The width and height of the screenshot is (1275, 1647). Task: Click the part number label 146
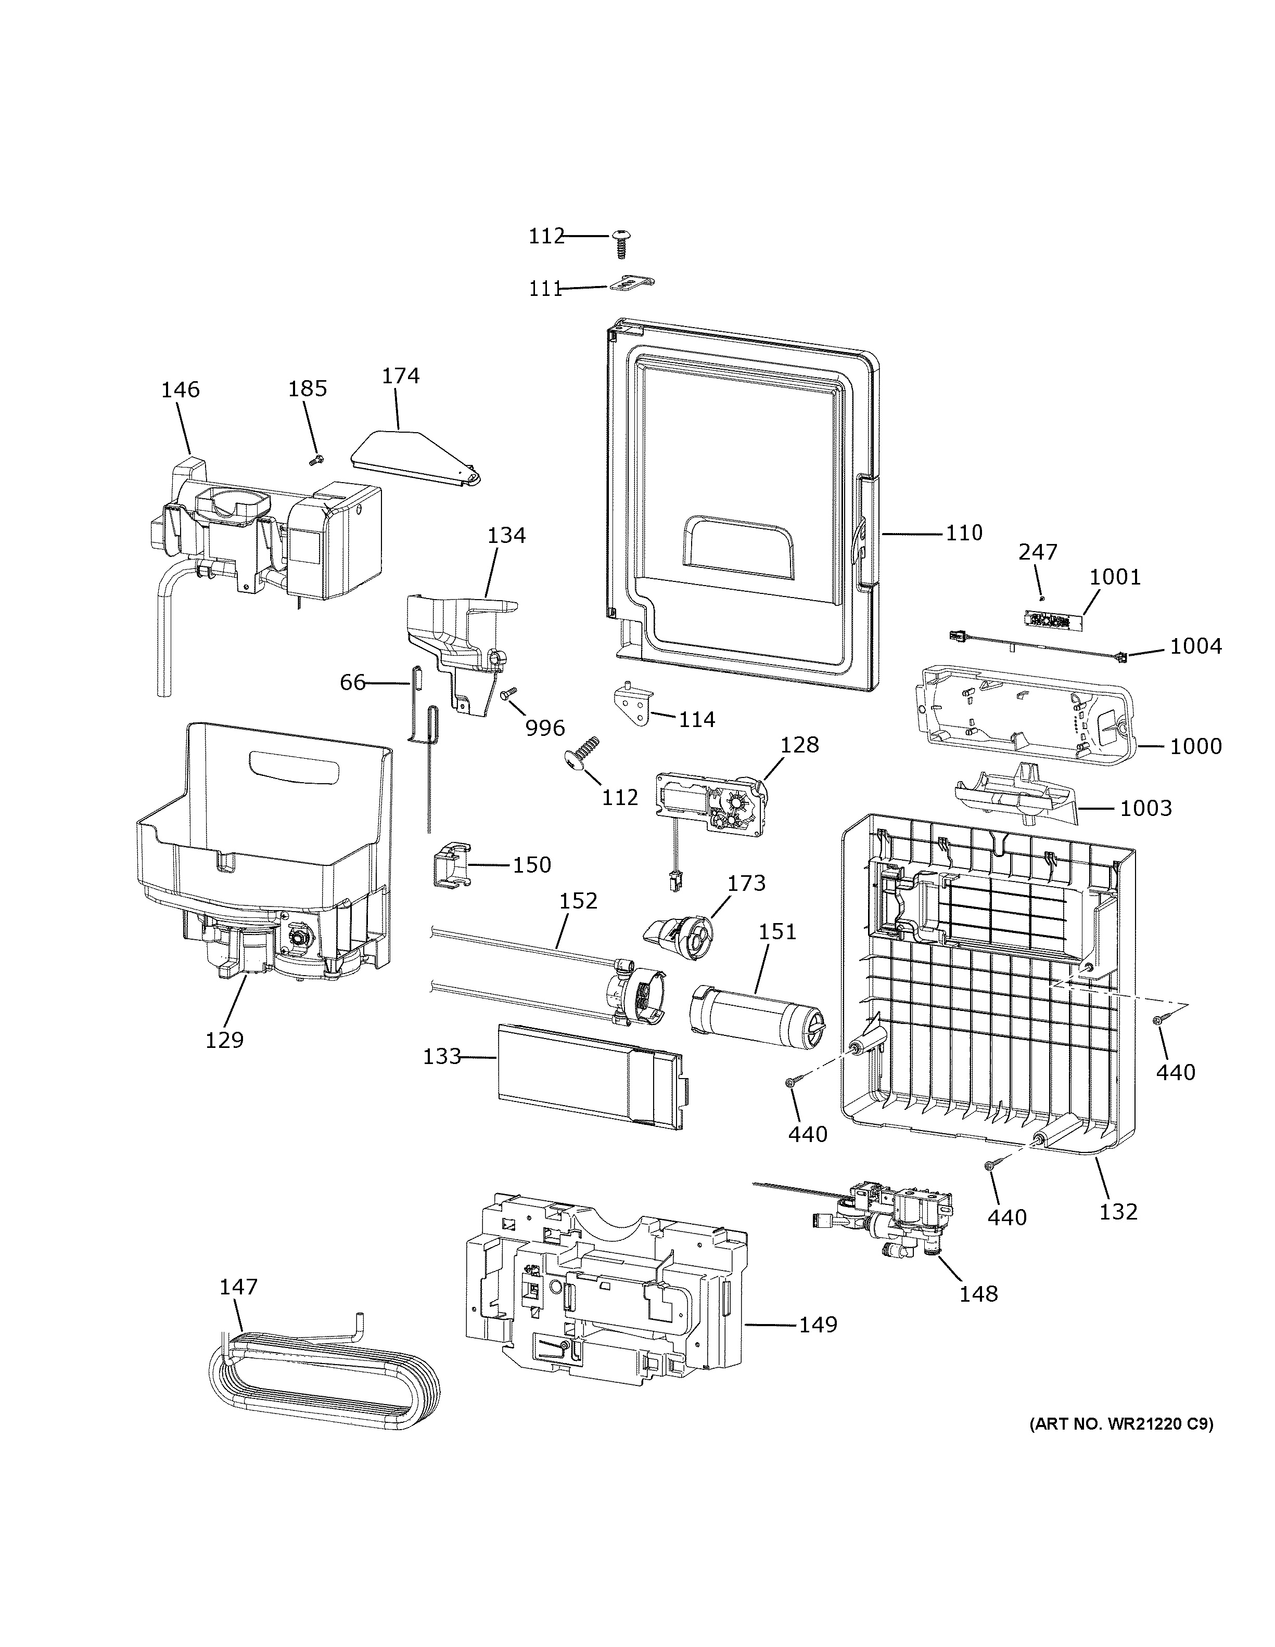[180, 390]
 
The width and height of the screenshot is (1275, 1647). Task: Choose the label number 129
[225, 1040]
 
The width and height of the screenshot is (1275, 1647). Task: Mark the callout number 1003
[1145, 808]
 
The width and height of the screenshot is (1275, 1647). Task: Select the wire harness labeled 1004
[1034, 645]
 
